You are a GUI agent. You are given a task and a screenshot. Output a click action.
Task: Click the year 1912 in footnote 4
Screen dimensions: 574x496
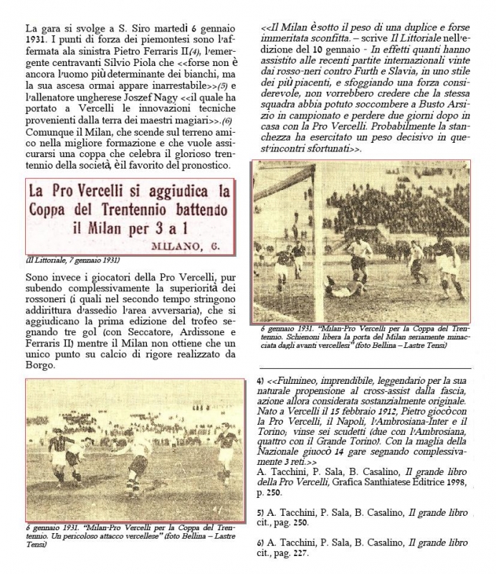pos(366,415)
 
